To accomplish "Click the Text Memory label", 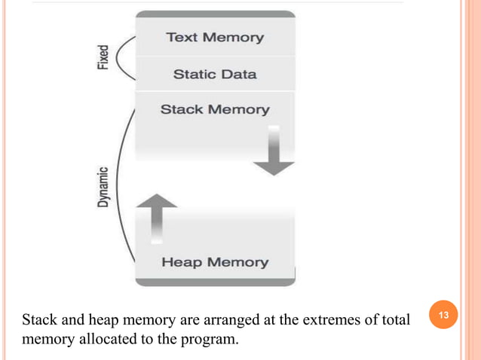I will tap(214, 37).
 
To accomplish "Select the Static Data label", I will tap(215, 74).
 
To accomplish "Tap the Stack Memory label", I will tap(215, 109).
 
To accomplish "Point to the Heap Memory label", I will tap(215, 262).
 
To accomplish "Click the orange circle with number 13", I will tap(443, 313).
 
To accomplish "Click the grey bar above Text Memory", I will tap(214, 14).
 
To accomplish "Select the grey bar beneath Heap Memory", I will tap(214, 281).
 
